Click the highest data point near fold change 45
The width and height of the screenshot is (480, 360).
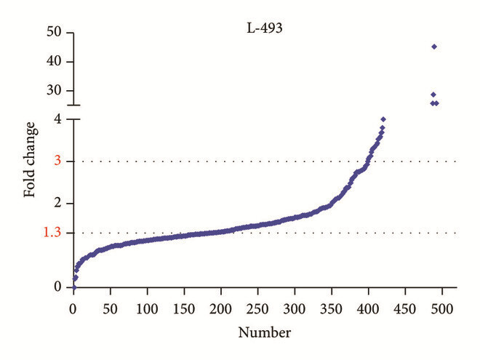pos(434,47)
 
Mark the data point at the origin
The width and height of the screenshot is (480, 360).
pos(73,287)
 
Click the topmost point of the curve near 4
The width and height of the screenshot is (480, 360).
pos(383,119)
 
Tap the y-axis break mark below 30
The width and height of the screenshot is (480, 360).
pos(73,110)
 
